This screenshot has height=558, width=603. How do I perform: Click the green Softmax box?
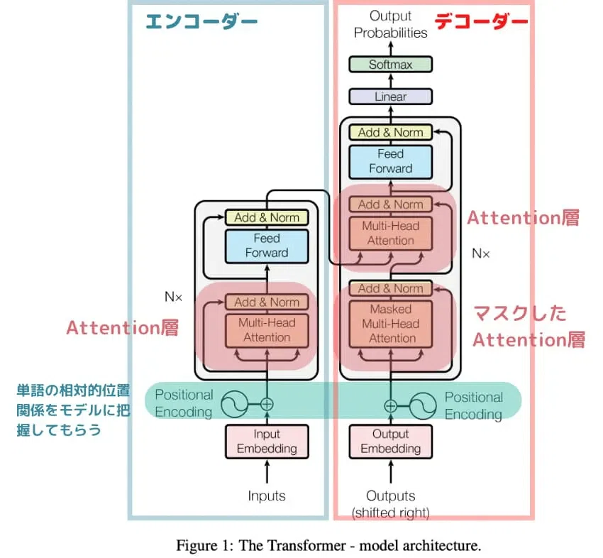[390, 65]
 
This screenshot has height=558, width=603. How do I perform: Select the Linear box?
[390, 97]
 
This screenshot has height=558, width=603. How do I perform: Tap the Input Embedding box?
[267, 442]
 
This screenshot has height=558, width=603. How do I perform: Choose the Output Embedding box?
[390, 442]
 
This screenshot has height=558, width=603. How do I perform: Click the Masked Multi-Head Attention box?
[390, 324]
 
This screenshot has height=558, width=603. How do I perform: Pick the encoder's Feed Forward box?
[267, 246]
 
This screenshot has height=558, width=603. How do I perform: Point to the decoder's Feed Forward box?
[390, 162]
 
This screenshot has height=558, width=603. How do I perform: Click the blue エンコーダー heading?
[201, 21]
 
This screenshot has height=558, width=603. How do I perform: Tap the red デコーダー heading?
[481, 21]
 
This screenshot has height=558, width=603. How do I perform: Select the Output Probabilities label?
[390, 24]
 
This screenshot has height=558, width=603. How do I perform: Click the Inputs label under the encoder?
[267, 496]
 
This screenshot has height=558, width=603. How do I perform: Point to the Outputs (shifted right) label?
[390, 504]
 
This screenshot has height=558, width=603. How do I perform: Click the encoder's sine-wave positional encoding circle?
[235, 404]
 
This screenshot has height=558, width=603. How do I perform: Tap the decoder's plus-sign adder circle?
[390, 406]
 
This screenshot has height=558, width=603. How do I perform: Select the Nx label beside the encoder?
[173, 297]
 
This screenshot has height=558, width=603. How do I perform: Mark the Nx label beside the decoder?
[481, 253]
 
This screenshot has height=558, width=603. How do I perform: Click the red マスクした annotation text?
[519, 313]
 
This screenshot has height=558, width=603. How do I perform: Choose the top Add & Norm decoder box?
[390, 132]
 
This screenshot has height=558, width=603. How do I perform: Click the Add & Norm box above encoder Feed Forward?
[267, 217]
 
